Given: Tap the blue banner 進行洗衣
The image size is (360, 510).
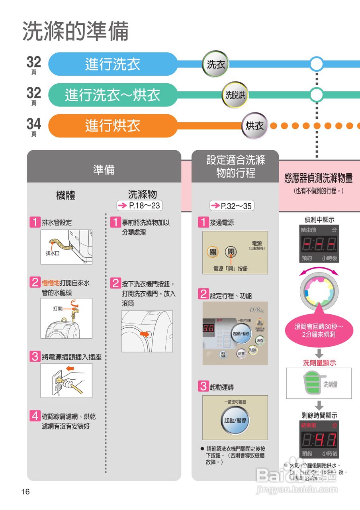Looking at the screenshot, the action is click(113, 64).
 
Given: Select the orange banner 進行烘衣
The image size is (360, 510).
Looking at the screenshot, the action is click(113, 126).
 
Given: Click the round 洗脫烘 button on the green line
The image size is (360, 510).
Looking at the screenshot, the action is click(235, 95).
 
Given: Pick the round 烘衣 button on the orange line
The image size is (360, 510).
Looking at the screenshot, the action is click(254, 126).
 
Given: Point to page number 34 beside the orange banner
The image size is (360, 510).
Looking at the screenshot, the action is click(34, 124).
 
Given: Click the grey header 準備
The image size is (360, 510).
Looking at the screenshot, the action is click(104, 170).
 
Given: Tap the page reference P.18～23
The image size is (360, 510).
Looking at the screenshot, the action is click(140, 206).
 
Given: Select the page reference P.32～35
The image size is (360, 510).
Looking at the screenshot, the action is click(232, 206).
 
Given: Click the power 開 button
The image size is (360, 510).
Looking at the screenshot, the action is click(231, 252).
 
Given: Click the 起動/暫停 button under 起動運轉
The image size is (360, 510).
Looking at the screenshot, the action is click(235, 420).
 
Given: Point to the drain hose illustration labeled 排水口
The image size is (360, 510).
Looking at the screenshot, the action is click(67, 247).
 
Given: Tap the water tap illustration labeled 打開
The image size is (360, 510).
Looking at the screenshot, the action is click(67, 318).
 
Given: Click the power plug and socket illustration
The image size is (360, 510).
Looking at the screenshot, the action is click(67, 380).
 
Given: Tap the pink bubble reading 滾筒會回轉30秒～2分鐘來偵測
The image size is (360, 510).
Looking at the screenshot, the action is click(319, 331).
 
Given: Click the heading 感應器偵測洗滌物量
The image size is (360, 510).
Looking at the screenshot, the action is click(319, 178).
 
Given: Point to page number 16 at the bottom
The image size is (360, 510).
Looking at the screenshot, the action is click(25, 492).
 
